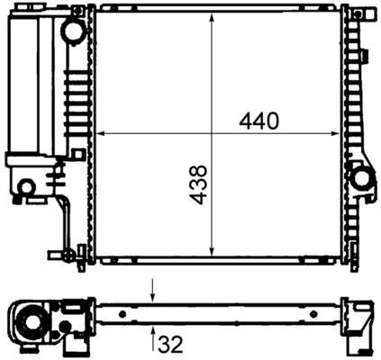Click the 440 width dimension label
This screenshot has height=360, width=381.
click(x=259, y=119)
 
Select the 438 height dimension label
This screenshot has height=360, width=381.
click(x=200, y=184)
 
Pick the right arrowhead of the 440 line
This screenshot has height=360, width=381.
click(x=337, y=134)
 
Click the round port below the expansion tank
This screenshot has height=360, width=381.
click(x=27, y=187)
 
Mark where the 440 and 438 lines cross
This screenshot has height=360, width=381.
click(x=211, y=134)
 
